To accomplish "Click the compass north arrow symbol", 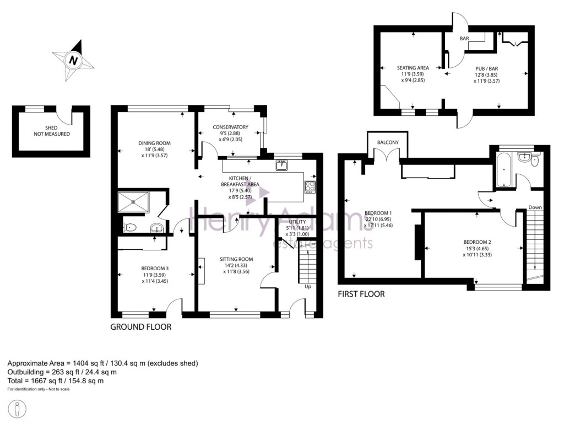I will [x=72, y=59].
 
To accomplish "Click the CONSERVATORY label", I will [x=230, y=131].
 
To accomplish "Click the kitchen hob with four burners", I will [x=310, y=187].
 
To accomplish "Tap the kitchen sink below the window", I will [x=283, y=164].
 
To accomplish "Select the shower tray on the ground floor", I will [x=133, y=202].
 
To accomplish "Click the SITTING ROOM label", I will [x=236, y=263].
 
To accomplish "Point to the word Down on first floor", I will [x=535, y=207].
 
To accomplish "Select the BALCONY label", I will [x=388, y=143].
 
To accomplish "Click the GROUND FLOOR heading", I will [x=141, y=327].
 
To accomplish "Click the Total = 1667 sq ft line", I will [x=55, y=380].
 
